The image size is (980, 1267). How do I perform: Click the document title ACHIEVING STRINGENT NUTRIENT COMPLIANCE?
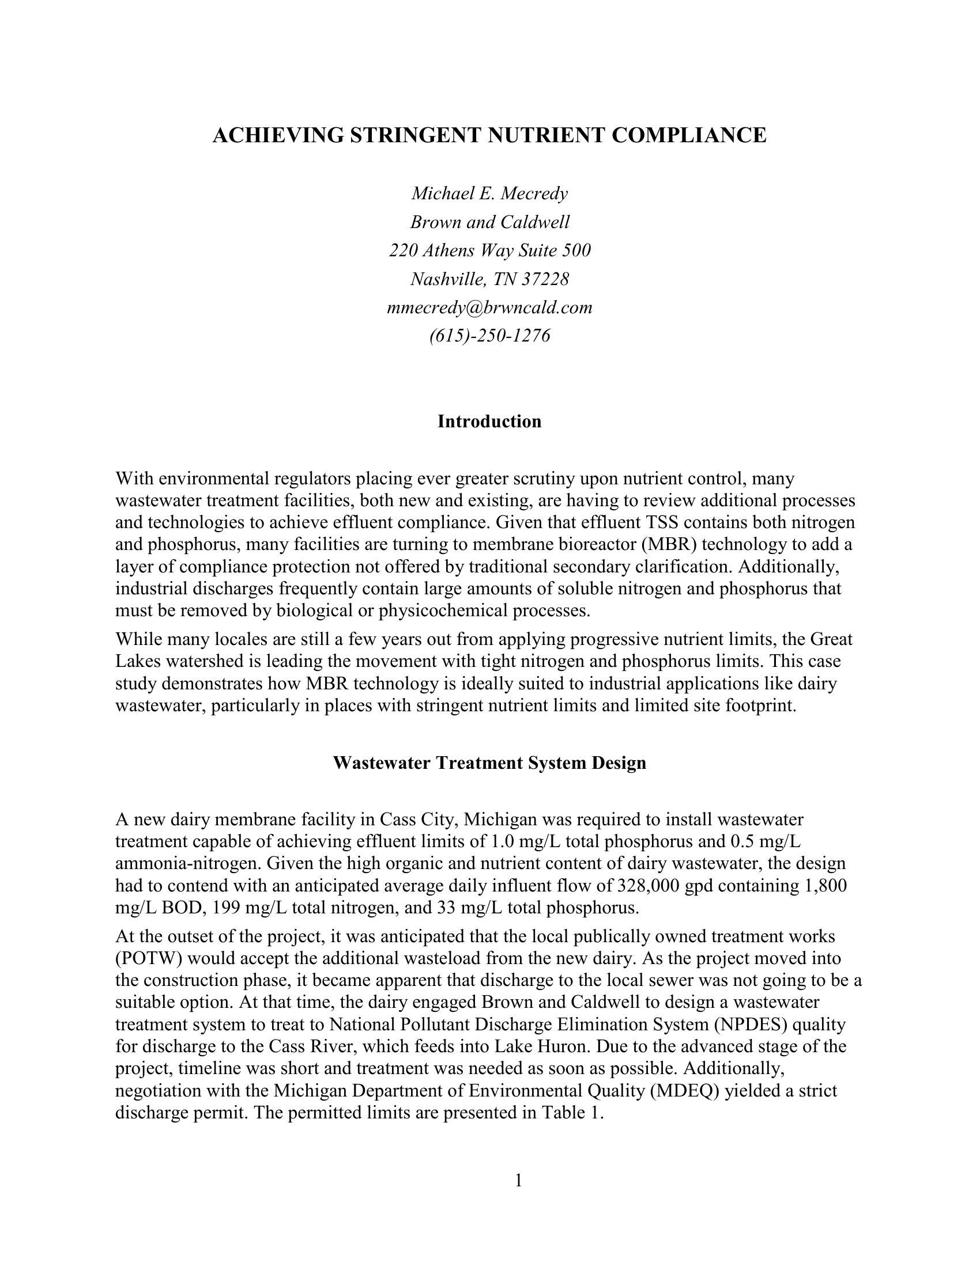pyautogui.click(x=489, y=135)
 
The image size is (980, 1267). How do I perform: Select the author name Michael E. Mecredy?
pyautogui.click(x=489, y=193)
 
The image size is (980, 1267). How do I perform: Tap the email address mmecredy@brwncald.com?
pyautogui.click(x=489, y=308)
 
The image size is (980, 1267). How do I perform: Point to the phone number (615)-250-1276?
pyautogui.click(x=489, y=336)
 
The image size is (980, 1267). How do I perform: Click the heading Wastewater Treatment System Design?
pyautogui.click(x=489, y=763)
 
